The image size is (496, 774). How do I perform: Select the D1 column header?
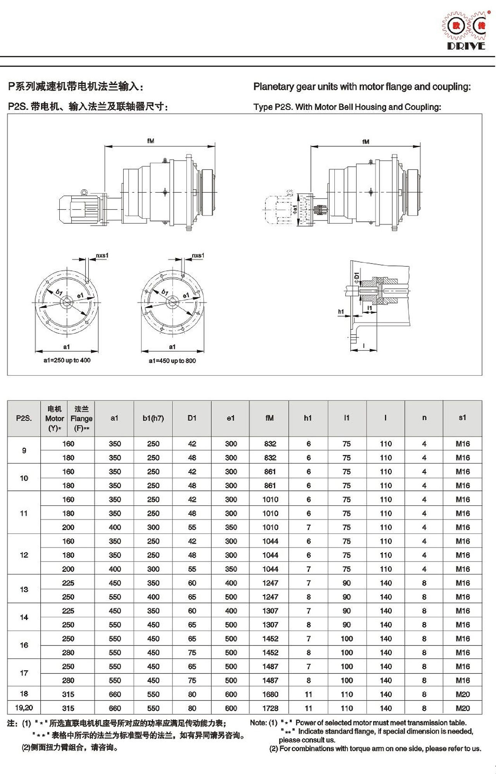pos(192,418)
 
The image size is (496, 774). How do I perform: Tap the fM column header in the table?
pos(269,418)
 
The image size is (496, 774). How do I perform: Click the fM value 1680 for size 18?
pos(270,694)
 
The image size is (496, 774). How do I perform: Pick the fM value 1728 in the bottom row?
pos(270,708)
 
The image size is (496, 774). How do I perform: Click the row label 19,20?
pos(24,708)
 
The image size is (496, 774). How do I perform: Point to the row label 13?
pos(24,589)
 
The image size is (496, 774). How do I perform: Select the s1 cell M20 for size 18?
pos(463,694)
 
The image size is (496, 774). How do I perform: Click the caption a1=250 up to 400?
pos(67,360)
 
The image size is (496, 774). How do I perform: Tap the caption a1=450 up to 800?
pos(172,361)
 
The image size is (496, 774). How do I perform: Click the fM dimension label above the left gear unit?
pos(151,141)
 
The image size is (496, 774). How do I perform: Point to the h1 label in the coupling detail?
pos(341,312)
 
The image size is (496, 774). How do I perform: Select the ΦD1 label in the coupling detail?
pos(356,276)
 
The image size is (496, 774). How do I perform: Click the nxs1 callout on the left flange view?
pos(102,255)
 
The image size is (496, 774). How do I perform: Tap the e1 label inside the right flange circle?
pos(186,295)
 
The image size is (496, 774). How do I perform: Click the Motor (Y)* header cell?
pos(54,418)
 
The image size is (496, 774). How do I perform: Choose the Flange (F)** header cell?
pos(81,418)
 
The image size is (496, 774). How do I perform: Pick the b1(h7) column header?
pos(153,418)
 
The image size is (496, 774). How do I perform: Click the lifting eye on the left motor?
pos(84,192)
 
